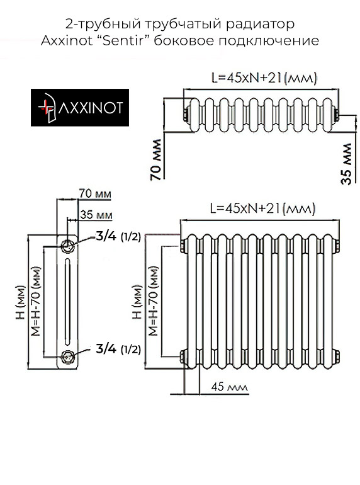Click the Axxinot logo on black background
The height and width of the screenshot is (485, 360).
click(x=80, y=109)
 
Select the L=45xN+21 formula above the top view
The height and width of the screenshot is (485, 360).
click(x=264, y=79)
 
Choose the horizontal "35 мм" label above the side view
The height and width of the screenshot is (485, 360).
click(x=97, y=215)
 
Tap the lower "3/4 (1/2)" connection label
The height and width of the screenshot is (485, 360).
click(x=118, y=348)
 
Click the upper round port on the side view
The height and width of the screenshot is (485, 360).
click(x=68, y=244)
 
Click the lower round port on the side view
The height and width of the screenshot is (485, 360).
click(x=68, y=356)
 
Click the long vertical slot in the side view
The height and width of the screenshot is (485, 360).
click(x=68, y=300)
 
